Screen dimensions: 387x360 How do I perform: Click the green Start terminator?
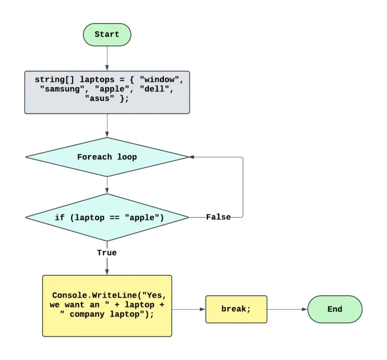[107, 35]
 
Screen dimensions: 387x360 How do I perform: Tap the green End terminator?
[335, 309]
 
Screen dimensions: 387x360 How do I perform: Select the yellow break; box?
[236, 309]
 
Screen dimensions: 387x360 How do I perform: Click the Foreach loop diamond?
[107, 157]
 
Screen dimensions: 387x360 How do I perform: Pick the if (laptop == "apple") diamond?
[107, 217]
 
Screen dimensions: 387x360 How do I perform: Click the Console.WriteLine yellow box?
[107, 306]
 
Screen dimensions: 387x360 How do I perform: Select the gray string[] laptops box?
[107, 92]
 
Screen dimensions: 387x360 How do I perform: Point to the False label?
[218, 217]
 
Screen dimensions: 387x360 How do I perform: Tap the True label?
[107, 253]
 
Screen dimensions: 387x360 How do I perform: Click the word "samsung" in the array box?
[62, 89]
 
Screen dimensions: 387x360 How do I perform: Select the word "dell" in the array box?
[154, 89]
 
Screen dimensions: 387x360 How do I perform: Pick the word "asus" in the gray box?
[99, 98]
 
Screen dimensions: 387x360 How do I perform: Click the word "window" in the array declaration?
[159, 80]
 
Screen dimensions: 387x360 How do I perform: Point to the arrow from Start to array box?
[107, 58]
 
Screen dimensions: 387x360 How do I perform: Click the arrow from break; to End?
[287, 309]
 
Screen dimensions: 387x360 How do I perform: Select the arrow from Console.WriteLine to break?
[188, 309]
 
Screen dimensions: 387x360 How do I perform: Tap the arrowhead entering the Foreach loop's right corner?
[191, 157]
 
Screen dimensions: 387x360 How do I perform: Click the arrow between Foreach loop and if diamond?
[107, 185]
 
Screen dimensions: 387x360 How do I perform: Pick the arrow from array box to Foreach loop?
[107, 126]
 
